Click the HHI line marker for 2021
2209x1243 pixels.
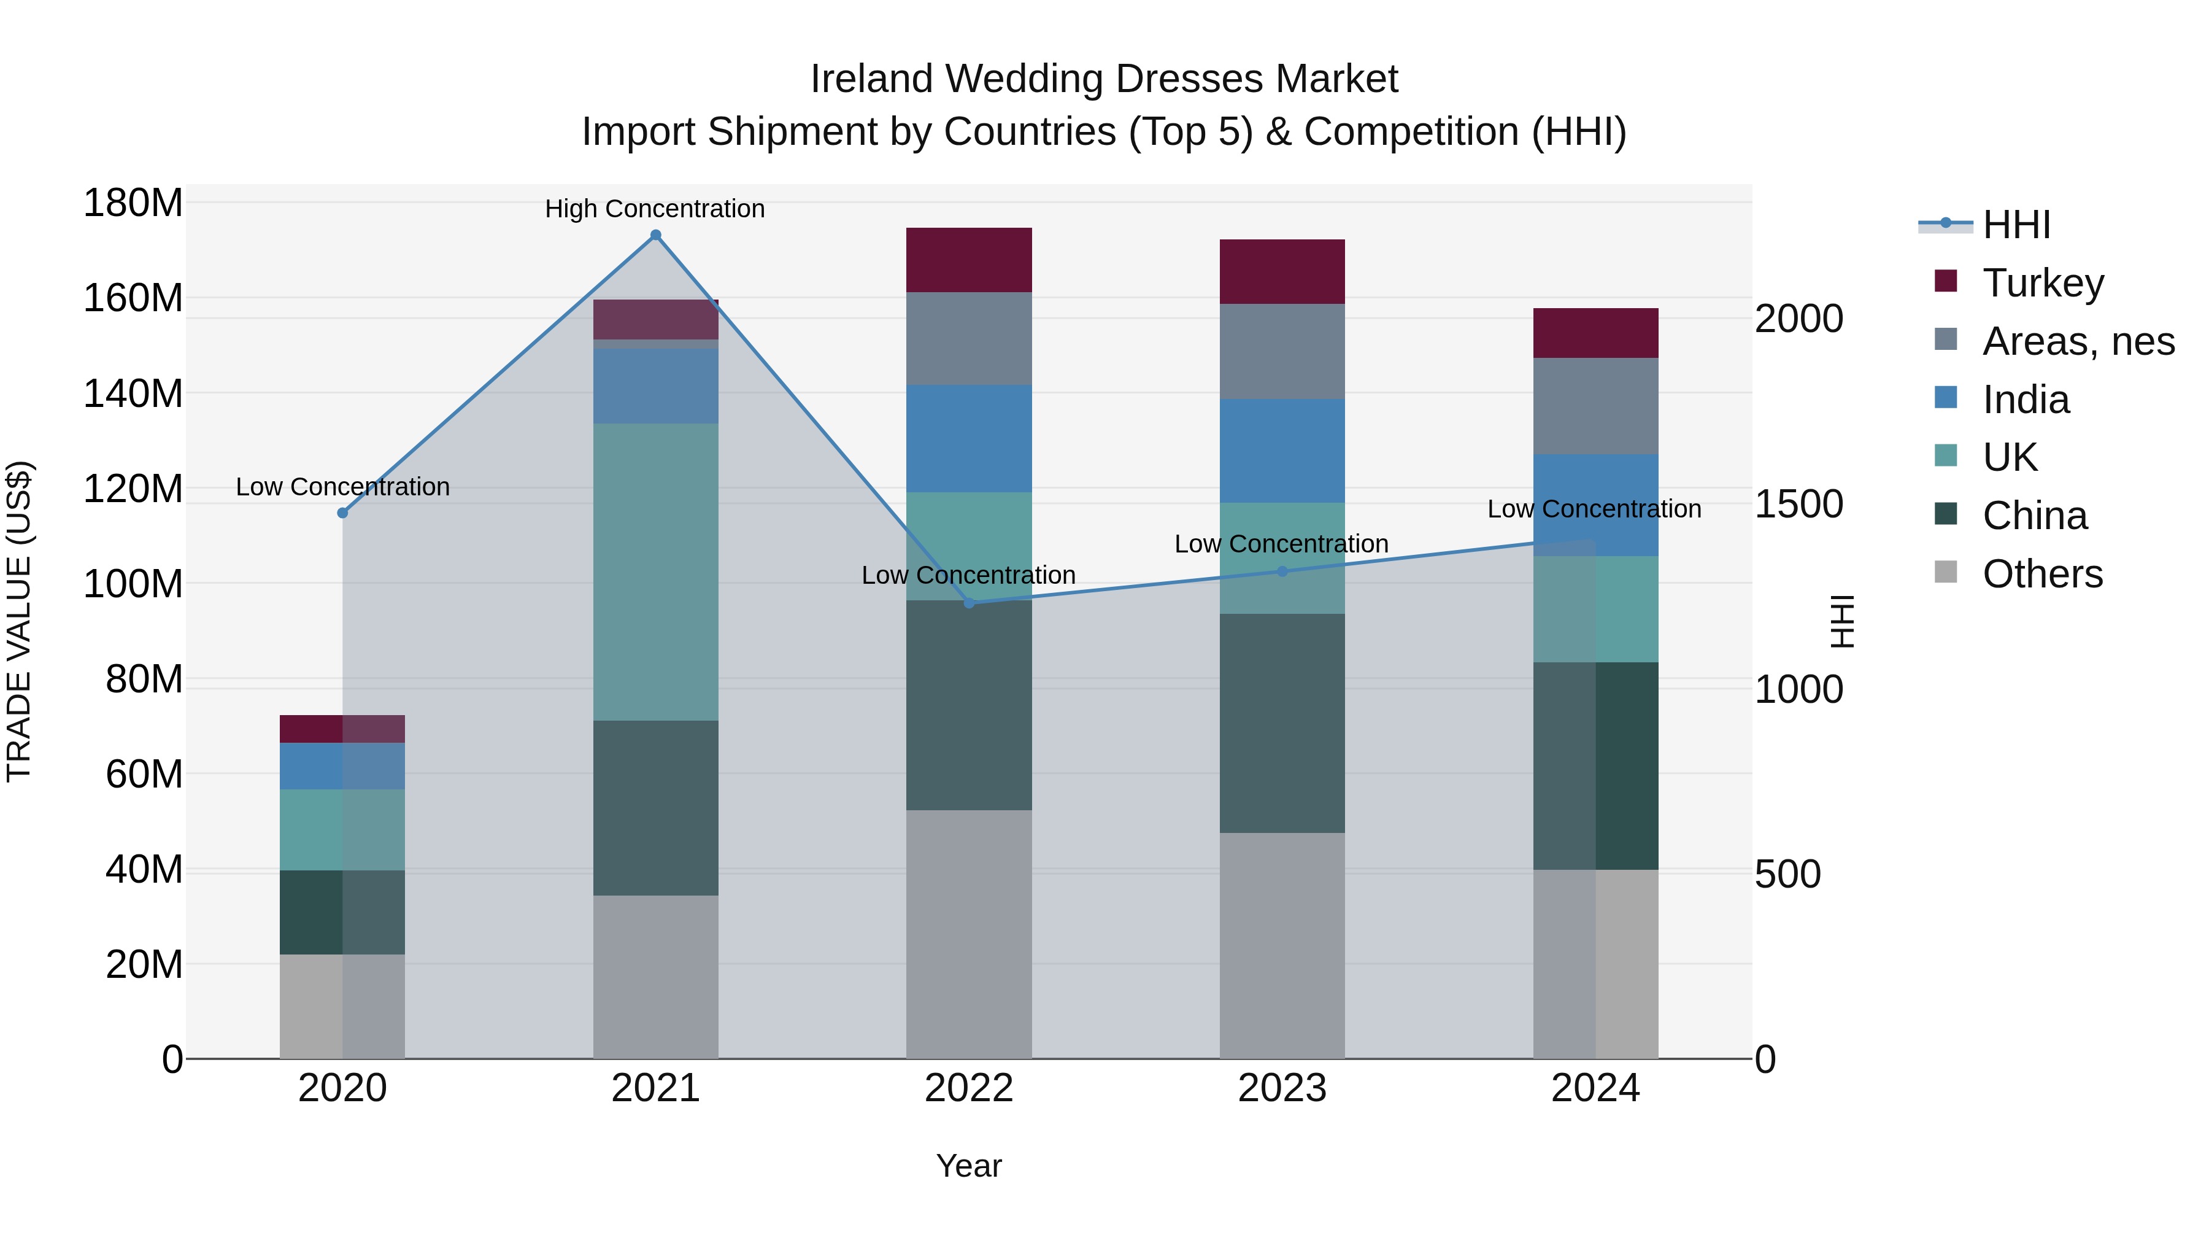coord(656,235)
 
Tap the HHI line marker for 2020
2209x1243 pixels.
coord(342,513)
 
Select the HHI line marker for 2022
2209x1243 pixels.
coord(969,603)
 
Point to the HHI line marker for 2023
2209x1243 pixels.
coord(1282,571)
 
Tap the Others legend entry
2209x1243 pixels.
coord(2041,574)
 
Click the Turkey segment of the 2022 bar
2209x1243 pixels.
coord(969,260)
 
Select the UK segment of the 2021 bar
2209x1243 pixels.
coord(656,571)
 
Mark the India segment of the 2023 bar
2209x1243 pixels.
coord(1282,451)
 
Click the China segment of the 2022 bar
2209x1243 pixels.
coord(969,705)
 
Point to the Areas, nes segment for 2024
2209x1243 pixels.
coord(1595,406)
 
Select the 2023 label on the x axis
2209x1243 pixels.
coord(1282,1088)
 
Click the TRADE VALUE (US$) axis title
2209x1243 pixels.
coord(19,621)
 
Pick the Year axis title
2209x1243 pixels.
coord(969,1166)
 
